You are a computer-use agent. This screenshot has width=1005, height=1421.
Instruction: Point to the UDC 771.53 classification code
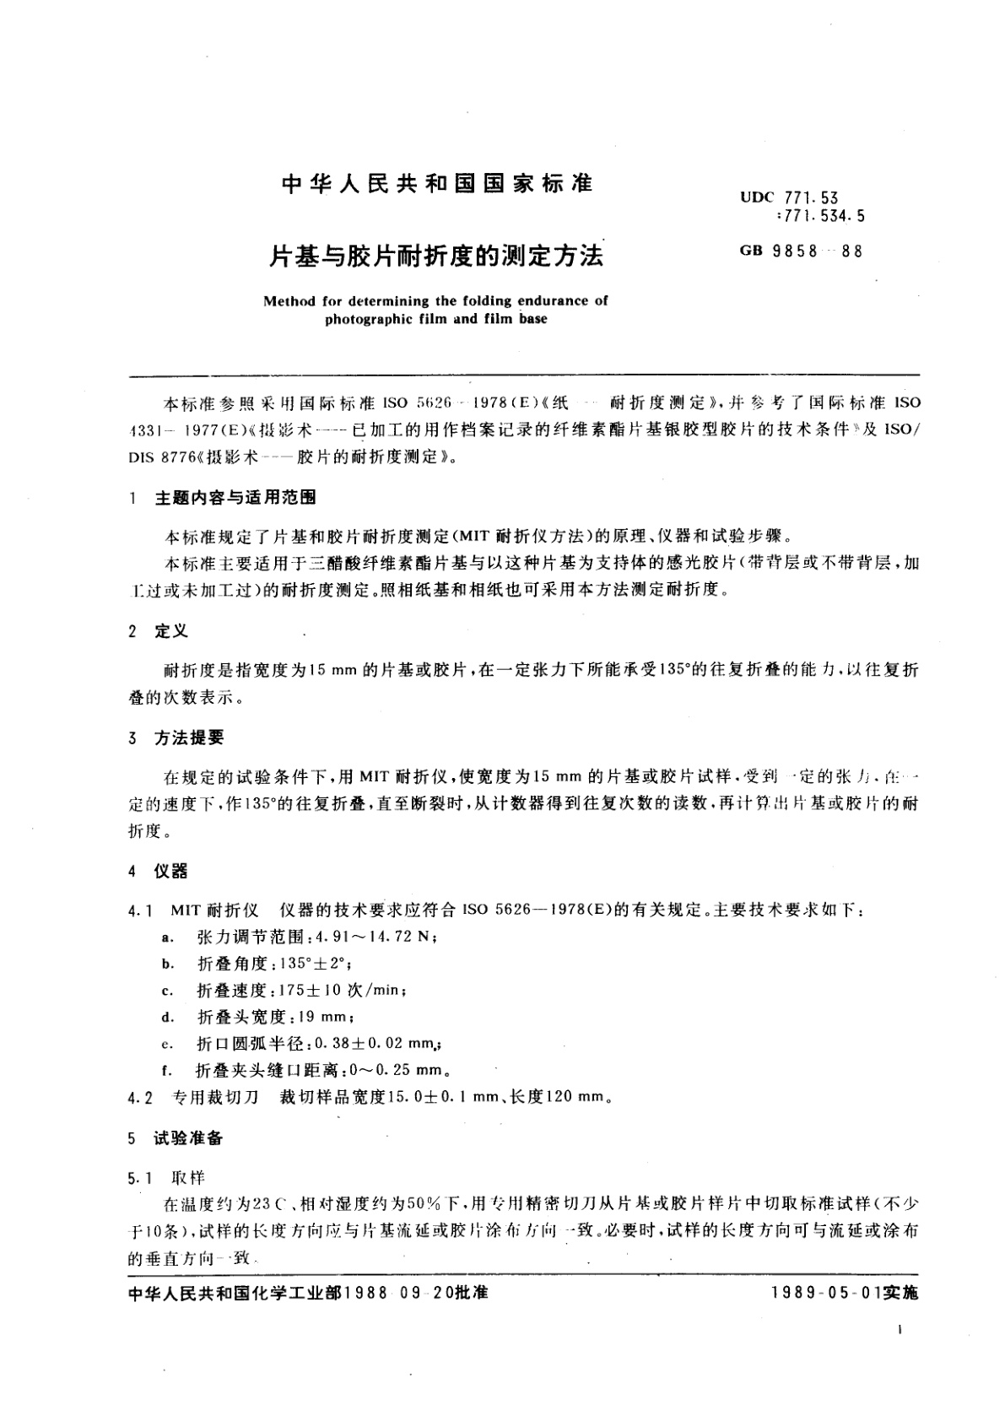(x=789, y=197)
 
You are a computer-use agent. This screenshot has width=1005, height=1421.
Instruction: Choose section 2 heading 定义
(x=171, y=631)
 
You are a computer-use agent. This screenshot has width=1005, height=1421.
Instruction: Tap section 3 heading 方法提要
(x=190, y=738)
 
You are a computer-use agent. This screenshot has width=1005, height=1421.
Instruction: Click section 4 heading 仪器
(x=171, y=871)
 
